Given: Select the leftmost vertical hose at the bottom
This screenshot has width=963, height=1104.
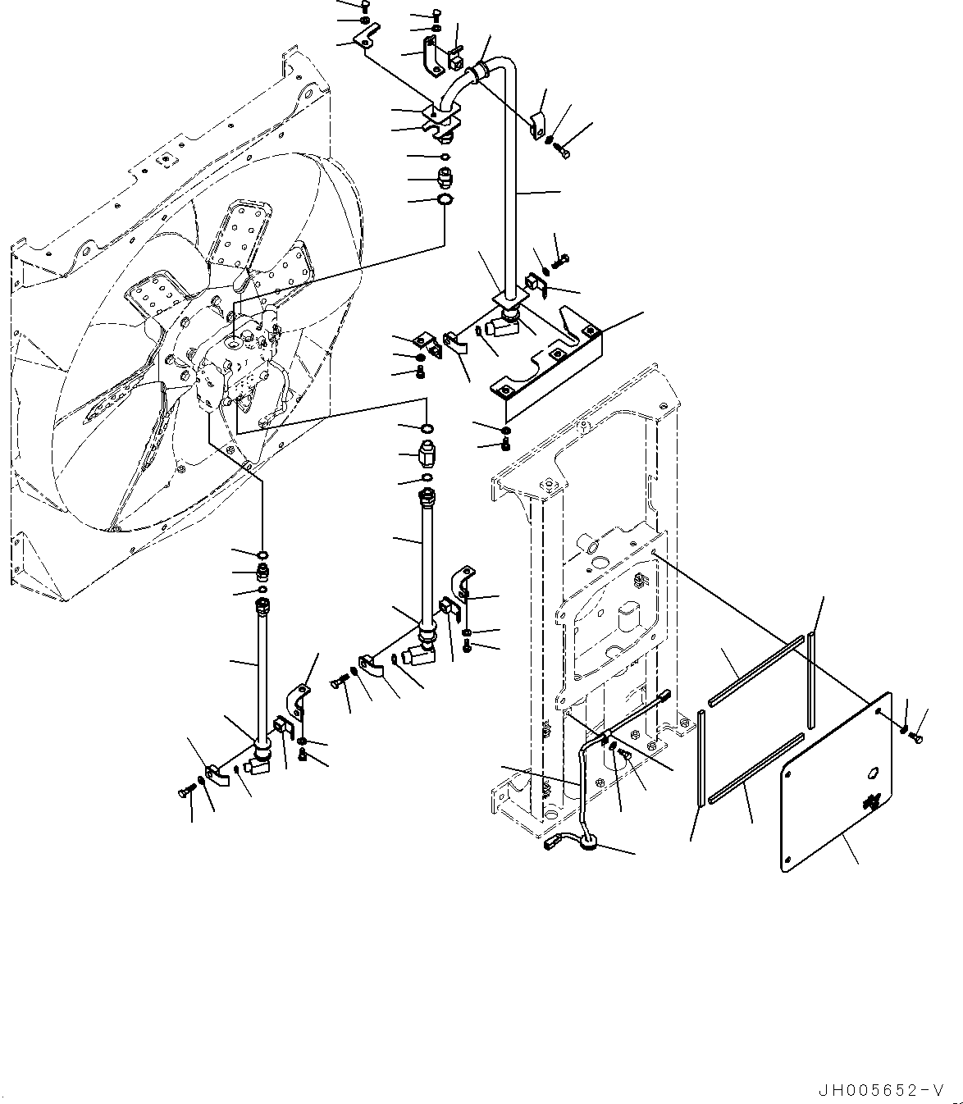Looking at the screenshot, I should [x=262, y=673].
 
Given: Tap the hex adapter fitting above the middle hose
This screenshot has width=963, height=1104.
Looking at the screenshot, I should [x=427, y=453].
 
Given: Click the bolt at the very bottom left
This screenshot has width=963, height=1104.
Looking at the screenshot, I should [x=184, y=791].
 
